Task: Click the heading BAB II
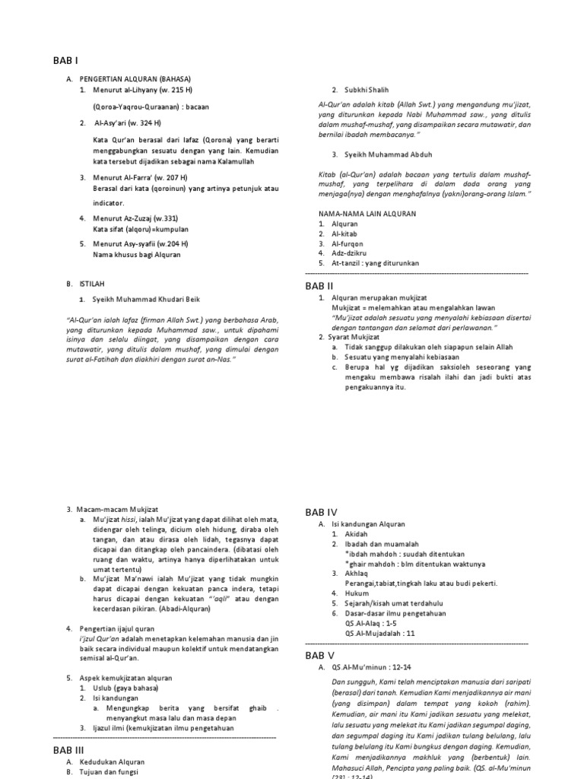319,286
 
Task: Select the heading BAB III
68,749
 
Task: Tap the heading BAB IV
321,512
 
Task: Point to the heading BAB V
320,654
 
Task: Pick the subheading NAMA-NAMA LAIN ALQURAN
367,215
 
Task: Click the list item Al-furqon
348,243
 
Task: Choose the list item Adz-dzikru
350,253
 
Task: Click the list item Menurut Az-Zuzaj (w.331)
135,219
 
